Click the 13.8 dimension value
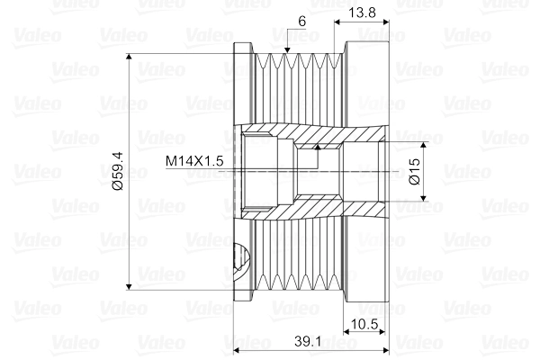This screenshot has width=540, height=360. pyautogui.click(x=362, y=13)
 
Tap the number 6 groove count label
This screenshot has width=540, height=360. pyautogui.click(x=301, y=22)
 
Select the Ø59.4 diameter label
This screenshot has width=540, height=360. pyautogui.click(x=118, y=171)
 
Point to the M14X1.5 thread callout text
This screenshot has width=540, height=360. pyautogui.click(x=194, y=161)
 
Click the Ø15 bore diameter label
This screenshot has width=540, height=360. pyautogui.click(x=416, y=171)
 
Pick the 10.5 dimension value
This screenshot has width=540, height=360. pyautogui.click(x=364, y=324)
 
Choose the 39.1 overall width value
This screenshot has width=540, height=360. pyautogui.click(x=308, y=341)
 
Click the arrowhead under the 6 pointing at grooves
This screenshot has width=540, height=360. pyautogui.click(x=287, y=50)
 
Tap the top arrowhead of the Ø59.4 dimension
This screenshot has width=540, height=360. pyautogui.click(x=129, y=58)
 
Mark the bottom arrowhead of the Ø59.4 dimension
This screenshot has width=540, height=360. pyautogui.click(x=129, y=286)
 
